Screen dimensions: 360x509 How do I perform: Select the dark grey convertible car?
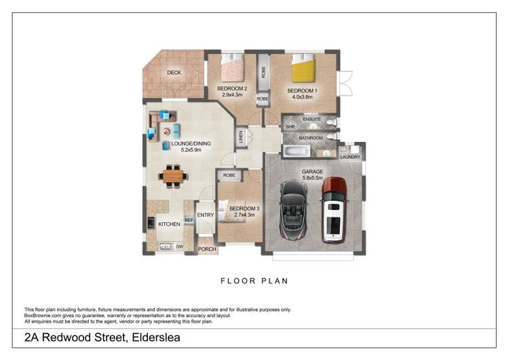[295, 209]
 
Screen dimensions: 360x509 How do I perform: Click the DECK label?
[174, 73]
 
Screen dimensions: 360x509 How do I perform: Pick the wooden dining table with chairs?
[173, 177]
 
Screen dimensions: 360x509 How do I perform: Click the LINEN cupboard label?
[240, 138]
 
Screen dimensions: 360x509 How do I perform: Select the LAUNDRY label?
[350, 157]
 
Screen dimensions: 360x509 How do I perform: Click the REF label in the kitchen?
[189, 220]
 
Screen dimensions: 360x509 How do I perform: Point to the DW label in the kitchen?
[180, 246]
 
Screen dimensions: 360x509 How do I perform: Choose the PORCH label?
[206, 249]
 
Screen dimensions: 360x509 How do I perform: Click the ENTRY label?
[206, 215]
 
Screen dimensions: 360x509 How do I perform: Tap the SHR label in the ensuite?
[289, 126]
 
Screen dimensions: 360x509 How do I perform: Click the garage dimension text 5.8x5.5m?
[313, 178]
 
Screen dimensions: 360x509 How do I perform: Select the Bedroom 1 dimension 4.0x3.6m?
[302, 96]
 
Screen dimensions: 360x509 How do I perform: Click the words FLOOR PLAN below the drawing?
[254, 280]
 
